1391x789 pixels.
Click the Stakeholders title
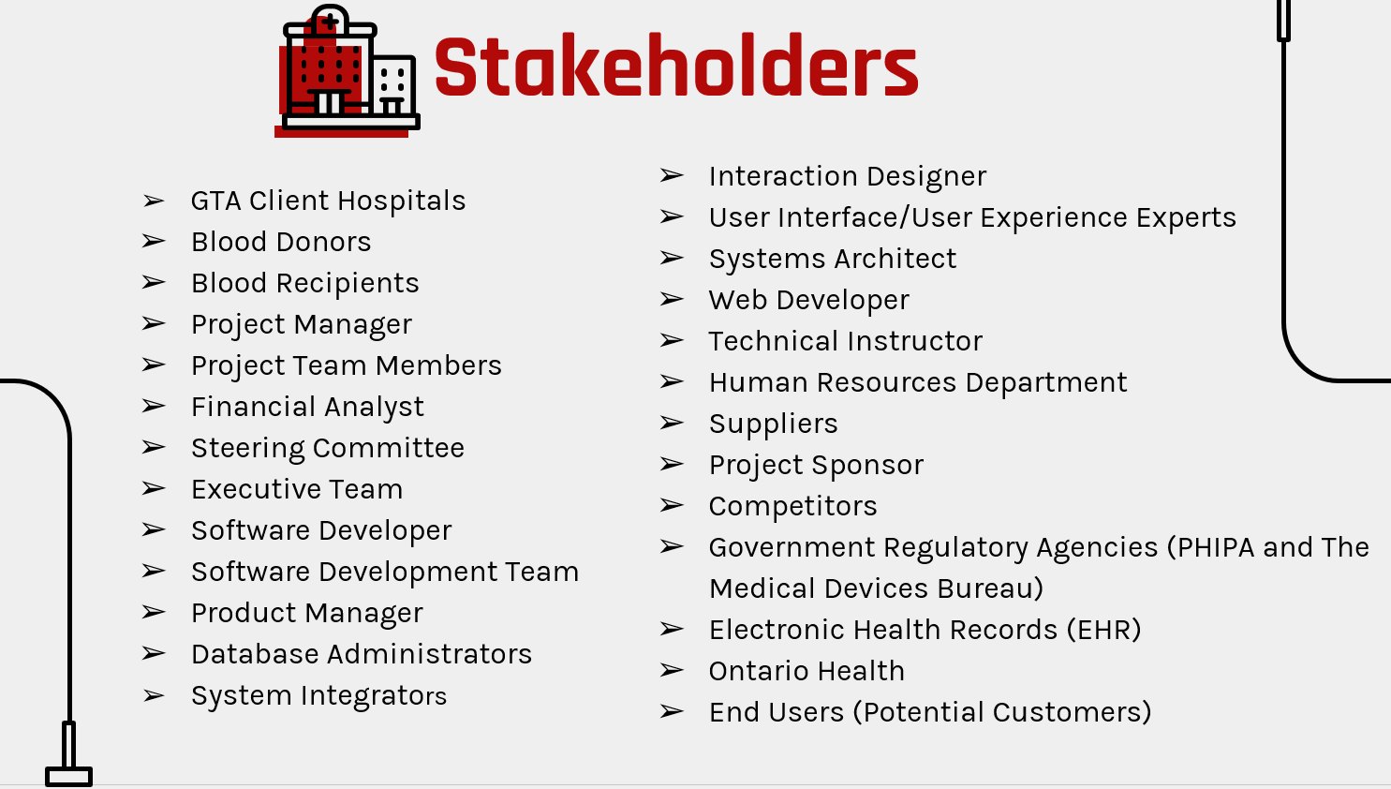click(675, 67)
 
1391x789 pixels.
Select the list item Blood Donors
click(281, 242)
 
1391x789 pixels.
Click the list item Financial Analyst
click(307, 407)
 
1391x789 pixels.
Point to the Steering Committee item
click(328, 448)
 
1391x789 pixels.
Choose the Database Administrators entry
click(362, 654)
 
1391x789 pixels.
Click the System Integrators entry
click(318, 695)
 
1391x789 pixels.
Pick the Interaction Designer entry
click(847, 176)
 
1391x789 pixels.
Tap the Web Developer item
click(808, 300)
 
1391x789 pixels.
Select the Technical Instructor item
click(845, 341)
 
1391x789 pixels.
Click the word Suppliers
click(773, 424)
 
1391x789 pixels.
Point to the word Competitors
click(792, 506)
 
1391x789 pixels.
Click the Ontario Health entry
click(806, 671)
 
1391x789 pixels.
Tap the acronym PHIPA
click(1215, 547)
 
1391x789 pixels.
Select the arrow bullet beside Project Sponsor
click(672, 464)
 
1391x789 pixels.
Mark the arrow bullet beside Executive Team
click(154, 488)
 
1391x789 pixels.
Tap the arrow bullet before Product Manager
click(154, 612)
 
